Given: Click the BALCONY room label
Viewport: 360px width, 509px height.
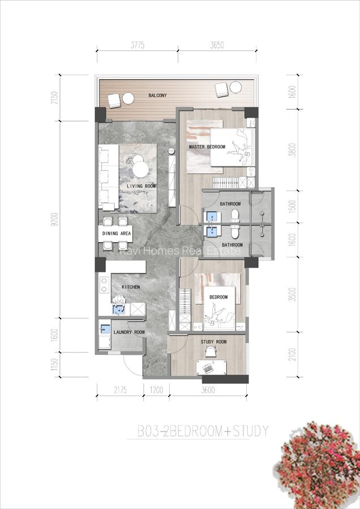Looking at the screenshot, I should click(x=157, y=96).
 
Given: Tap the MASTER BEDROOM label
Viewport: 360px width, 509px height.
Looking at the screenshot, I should click(x=207, y=147).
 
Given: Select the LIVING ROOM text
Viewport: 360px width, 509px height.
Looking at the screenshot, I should click(x=141, y=186).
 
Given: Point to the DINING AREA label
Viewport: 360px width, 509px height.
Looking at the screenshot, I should click(x=117, y=233).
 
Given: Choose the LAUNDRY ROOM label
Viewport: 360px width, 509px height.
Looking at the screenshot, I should click(x=129, y=333).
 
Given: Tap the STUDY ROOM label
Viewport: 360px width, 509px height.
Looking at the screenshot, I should click(x=213, y=342).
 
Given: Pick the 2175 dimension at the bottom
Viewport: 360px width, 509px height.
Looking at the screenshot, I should click(x=119, y=390).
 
